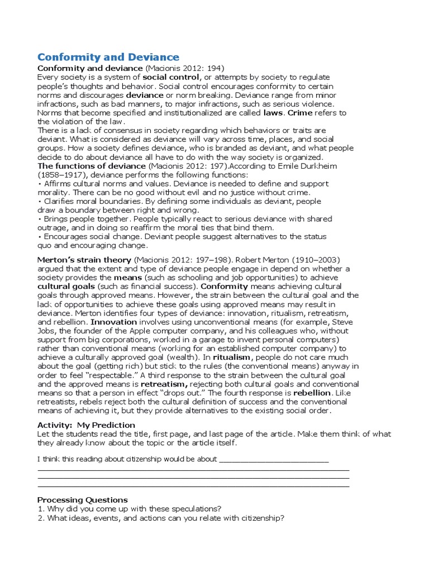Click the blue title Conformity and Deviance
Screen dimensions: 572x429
108,57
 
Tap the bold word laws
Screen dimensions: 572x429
273,113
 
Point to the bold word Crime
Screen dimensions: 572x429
301,113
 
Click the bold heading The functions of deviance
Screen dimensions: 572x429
92,166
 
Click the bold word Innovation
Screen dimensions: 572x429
113,322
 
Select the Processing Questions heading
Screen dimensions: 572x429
82,500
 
